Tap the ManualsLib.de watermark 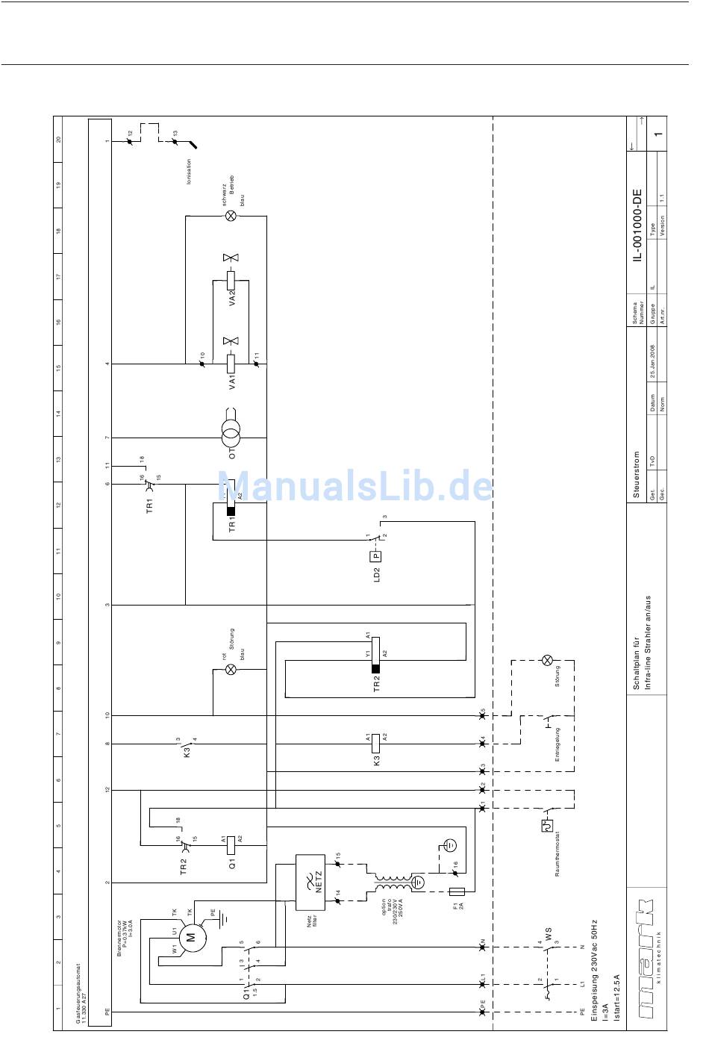click(x=355, y=486)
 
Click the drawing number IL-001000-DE click(x=637, y=225)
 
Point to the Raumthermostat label click(x=557, y=852)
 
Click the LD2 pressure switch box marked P click(x=376, y=555)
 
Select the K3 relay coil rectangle click(x=376, y=743)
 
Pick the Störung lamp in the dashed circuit click(x=547, y=660)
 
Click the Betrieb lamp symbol click(x=231, y=216)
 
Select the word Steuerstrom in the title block click(x=637, y=475)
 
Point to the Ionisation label click(x=189, y=172)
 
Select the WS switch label click(x=548, y=934)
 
